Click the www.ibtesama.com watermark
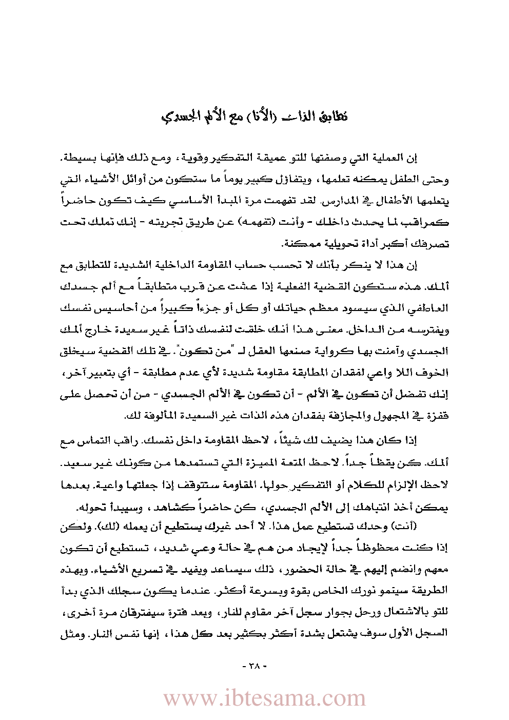coord(264,698)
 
